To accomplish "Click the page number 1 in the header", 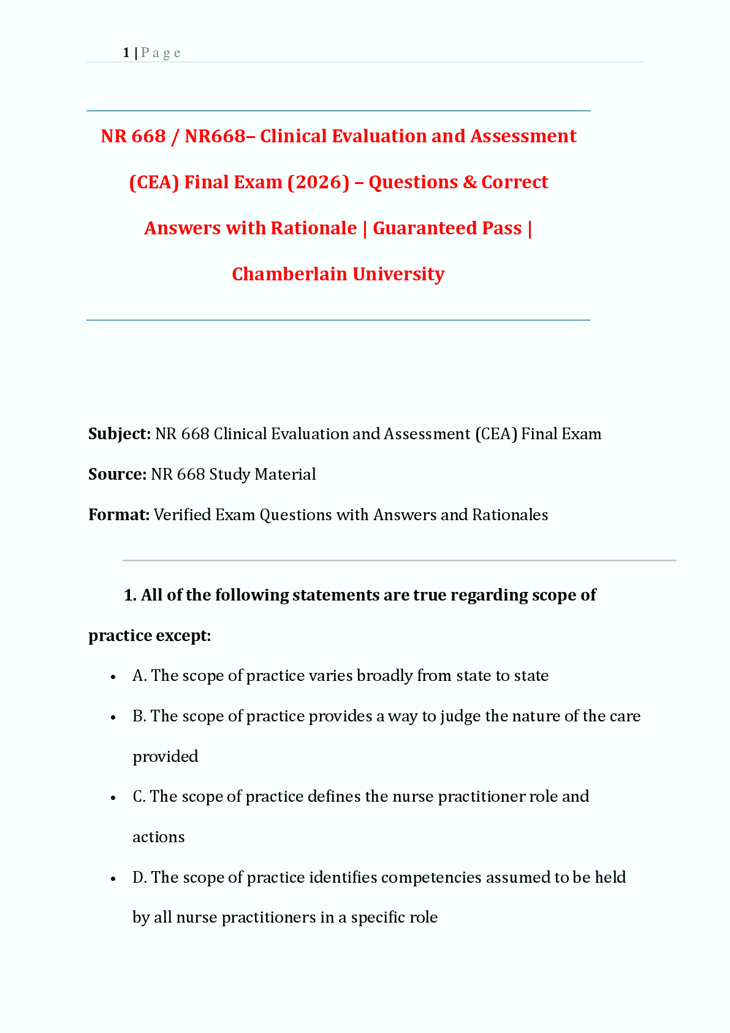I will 126,53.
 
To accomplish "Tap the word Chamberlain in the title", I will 289,274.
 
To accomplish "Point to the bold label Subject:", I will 120,434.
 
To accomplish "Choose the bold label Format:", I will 119,515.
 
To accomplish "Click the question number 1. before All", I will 130,595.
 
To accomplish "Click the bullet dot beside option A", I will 113,677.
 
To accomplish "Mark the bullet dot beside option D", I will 113,878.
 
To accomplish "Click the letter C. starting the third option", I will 139,796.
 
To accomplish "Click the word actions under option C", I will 158,837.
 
